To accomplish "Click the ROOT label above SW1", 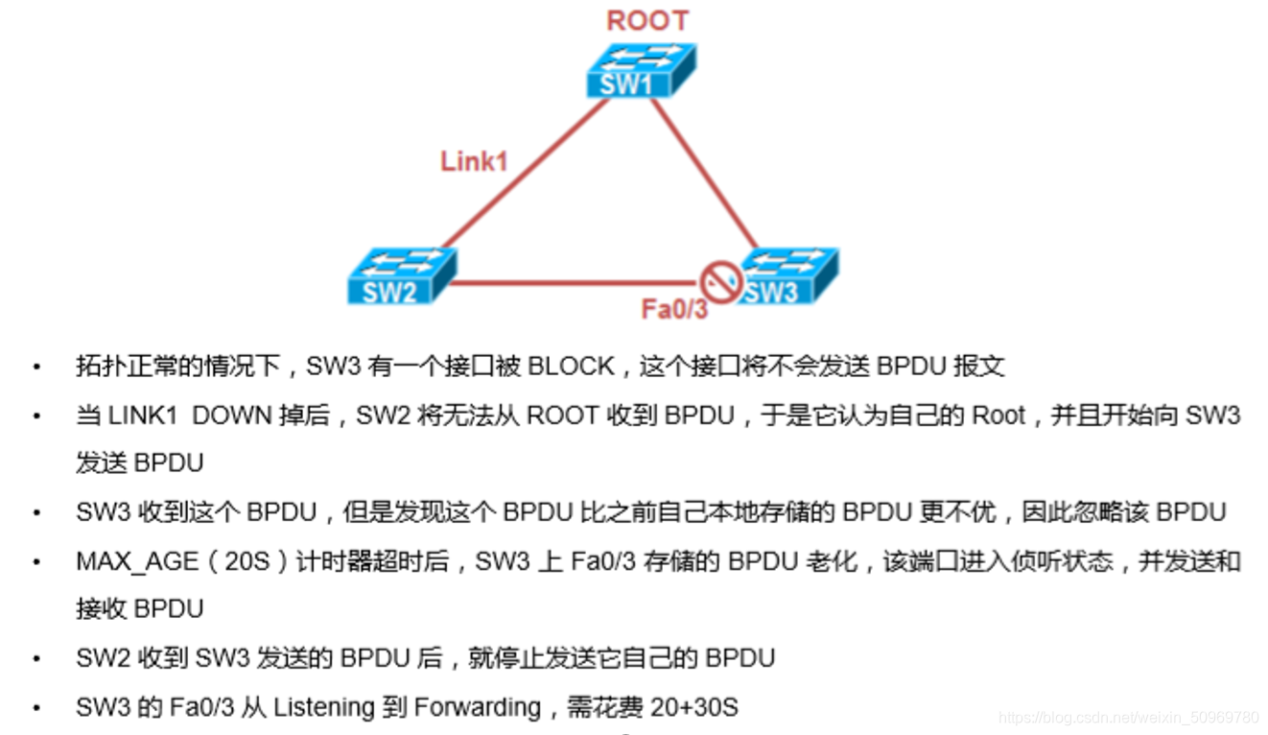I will [x=647, y=20].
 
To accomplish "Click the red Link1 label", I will [x=474, y=161].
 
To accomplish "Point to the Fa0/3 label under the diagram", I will [x=674, y=310].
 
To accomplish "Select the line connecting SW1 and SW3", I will [x=705, y=173].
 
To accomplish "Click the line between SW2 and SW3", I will [x=575, y=283].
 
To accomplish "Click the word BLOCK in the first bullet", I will [x=572, y=366].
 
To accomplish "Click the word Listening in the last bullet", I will [x=323, y=708].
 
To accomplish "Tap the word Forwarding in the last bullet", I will [x=478, y=708].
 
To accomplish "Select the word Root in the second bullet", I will [x=998, y=415].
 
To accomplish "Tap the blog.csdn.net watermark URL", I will [x=1128, y=718].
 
